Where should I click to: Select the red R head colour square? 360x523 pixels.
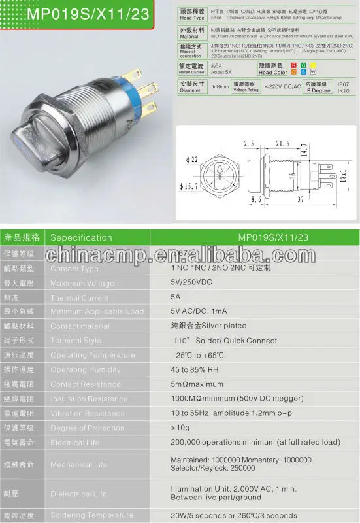[294, 65]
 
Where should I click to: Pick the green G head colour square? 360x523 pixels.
[304, 65]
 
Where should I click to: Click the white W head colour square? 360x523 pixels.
[312, 73]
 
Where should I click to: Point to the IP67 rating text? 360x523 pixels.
[342, 84]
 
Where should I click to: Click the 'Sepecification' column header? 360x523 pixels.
[81, 237]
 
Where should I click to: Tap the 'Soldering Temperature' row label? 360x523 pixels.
[88, 515]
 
